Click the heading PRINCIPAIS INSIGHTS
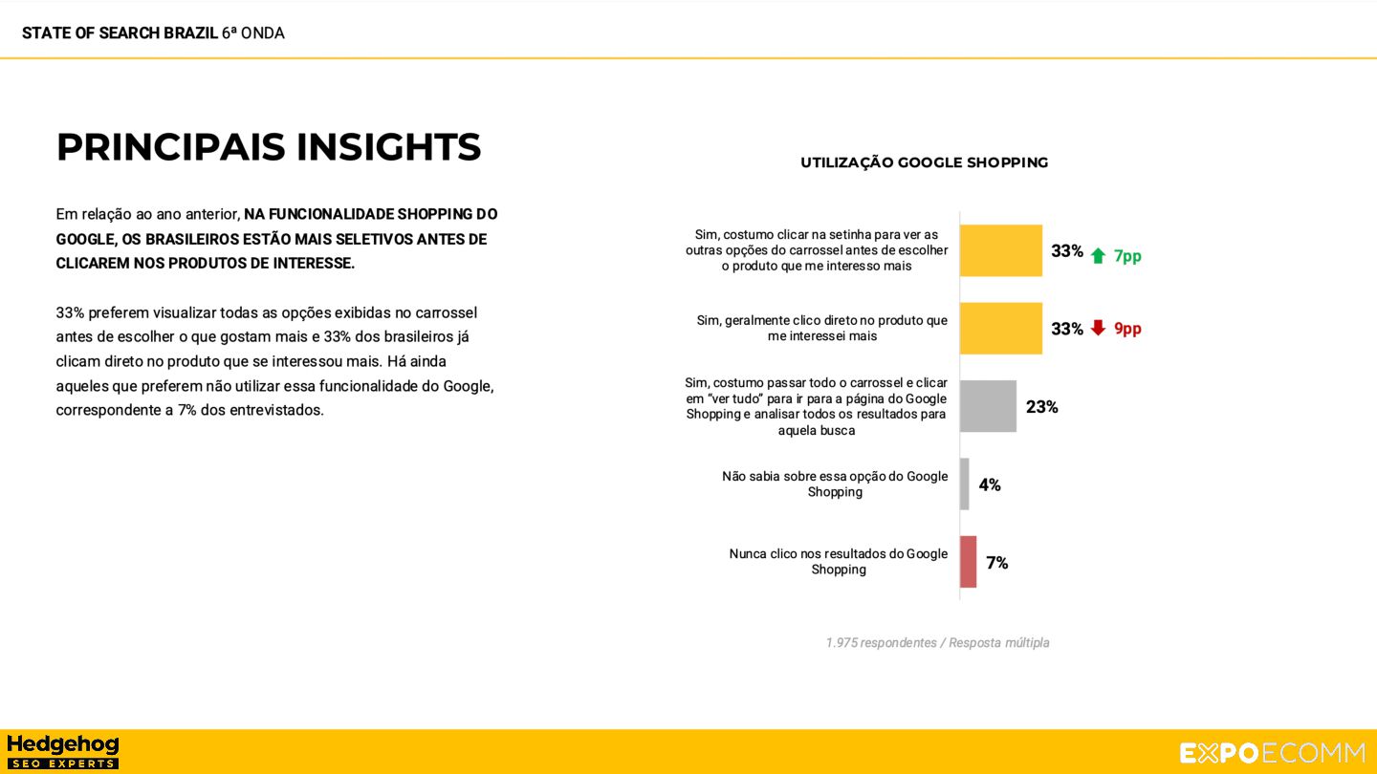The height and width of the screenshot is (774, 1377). point(268,147)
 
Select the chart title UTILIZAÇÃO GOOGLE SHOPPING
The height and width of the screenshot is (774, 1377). point(924,162)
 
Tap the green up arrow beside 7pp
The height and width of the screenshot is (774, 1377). point(1098,255)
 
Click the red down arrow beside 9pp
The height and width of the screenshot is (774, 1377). point(1098,328)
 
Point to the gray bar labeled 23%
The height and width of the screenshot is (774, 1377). point(988,406)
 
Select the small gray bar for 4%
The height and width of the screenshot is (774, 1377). point(965,484)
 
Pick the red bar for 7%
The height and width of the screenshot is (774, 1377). point(969,562)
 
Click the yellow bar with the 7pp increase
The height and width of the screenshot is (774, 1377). point(1000,250)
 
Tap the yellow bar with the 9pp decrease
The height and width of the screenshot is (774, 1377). point(1000,329)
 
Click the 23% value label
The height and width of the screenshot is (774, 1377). point(1041,407)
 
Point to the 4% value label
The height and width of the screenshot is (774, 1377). point(990,485)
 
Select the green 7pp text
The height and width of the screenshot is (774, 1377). point(1127,256)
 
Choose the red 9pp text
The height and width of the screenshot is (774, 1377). point(1127,329)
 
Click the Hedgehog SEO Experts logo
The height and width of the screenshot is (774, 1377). point(63,751)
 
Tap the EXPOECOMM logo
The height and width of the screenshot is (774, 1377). point(1272,753)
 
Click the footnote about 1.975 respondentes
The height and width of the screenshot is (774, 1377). point(937,643)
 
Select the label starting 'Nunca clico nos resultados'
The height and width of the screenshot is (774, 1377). point(839,562)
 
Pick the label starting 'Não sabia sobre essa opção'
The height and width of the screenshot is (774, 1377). point(835,484)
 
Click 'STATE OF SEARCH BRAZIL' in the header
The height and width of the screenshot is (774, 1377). point(120,33)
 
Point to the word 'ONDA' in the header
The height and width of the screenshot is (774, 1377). point(263,33)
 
